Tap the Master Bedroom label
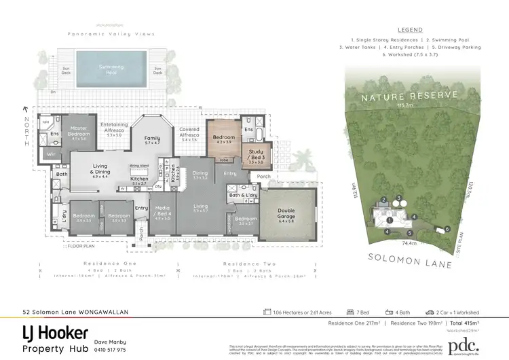tap(79, 135)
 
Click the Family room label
tap(152, 141)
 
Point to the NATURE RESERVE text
tap(409, 96)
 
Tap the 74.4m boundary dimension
tap(409, 242)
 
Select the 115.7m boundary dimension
tap(406, 106)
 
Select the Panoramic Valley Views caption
tap(111, 34)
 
